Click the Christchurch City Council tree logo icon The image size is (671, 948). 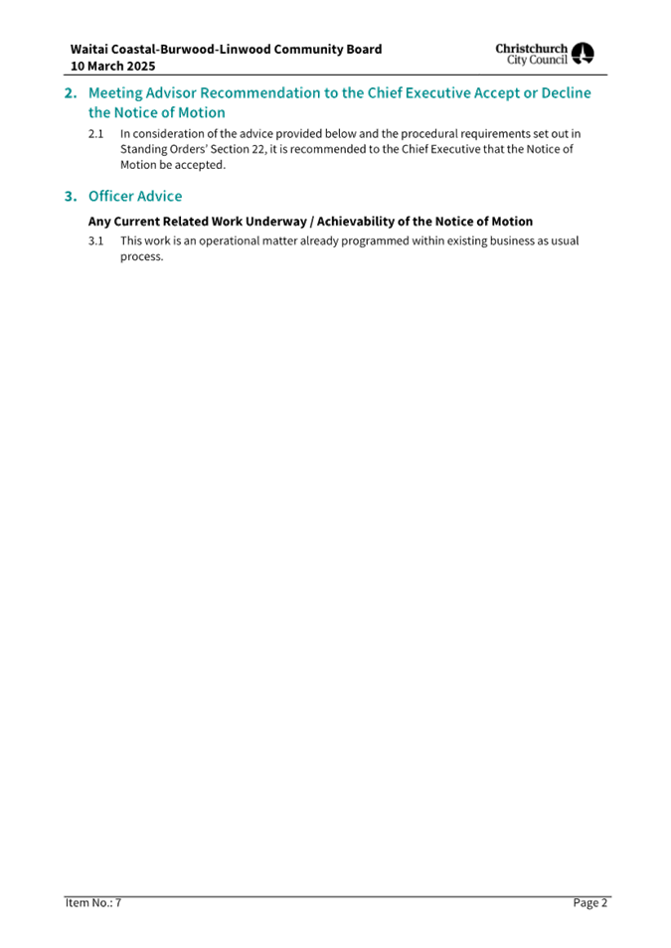click(583, 54)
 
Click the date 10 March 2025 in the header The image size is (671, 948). click(112, 66)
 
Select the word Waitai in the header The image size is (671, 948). click(88, 49)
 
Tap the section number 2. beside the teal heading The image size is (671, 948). click(71, 93)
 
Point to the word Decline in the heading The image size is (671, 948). click(566, 93)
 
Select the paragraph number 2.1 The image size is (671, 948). click(95, 133)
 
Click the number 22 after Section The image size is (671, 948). click(257, 149)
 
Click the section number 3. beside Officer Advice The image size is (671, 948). click(71, 197)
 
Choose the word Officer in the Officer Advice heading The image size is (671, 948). click(110, 197)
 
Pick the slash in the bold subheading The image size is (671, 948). click(311, 222)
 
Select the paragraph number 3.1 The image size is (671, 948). click(95, 240)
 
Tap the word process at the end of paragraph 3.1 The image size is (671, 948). click(141, 257)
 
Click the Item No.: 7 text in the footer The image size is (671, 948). click(93, 902)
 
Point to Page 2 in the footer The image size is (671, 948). click(589, 902)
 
